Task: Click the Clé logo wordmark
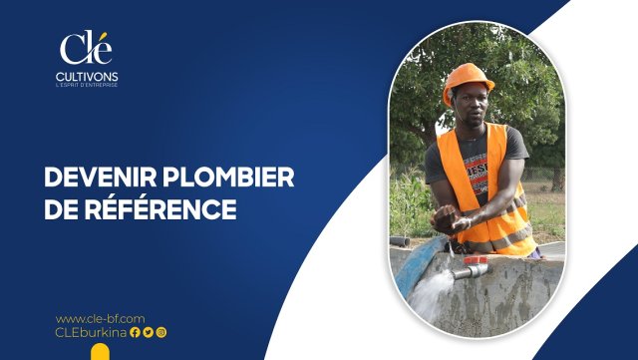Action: point(86,48)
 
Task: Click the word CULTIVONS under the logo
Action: point(87,77)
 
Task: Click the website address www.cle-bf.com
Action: point(100,318)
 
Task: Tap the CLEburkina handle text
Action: point(91,332)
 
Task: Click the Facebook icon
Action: point(136,333)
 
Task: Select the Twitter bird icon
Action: point(149,333)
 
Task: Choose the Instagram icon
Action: point(161,333)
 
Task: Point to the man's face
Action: point(472,106)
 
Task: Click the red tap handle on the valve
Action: point(476,260)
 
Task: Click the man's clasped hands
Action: point(450,219)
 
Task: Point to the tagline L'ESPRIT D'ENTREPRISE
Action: point(87,85)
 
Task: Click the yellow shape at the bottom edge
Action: point(100,352)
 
